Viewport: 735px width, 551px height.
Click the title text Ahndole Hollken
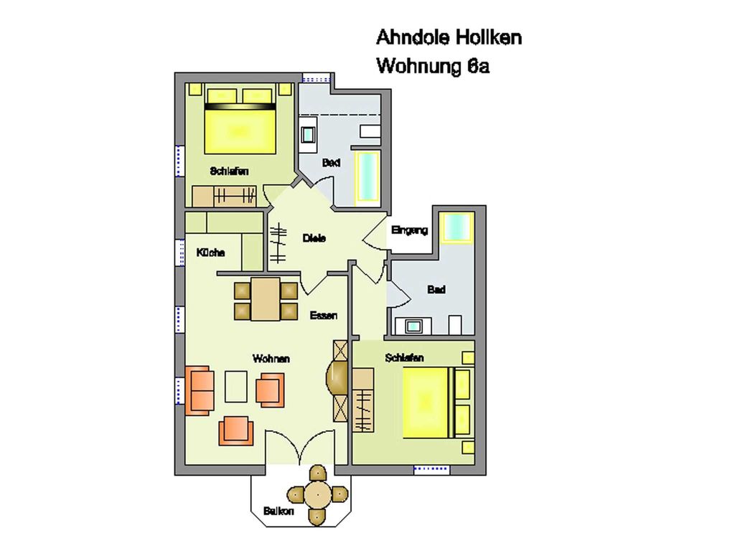tap(449, 37)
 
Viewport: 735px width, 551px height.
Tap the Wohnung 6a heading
tap(433, 65)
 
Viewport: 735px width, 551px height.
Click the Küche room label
tap(210, 253)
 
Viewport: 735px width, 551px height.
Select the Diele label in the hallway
tap(314, 238)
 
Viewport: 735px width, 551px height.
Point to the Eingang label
tap(410, 230)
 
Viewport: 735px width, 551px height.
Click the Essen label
tap(324, 316)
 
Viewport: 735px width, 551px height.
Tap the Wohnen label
tap(271, 359)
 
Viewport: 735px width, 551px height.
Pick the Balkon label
tap(278, 511)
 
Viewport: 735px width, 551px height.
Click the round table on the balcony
tap(317, 494)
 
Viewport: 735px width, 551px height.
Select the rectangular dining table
tap(266, 299)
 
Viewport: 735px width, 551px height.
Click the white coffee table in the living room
tap(235, 387)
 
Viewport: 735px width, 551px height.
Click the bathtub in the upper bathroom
tap(367, 176)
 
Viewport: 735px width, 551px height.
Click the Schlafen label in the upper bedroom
tap(229, 171)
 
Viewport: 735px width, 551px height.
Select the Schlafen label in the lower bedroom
tap(405, 358)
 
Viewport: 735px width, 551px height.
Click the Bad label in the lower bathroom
tap(436, 290)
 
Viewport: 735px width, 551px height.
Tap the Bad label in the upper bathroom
tap(331, 163)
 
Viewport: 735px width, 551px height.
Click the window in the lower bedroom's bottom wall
tap(431, 469)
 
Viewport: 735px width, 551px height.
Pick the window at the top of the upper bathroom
tap(317, 78)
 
